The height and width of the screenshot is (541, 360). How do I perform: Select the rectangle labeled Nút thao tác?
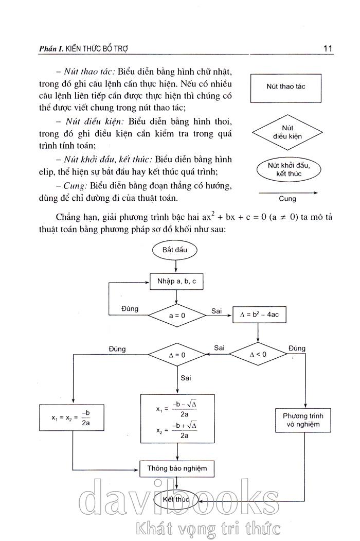click(x=285, y=87)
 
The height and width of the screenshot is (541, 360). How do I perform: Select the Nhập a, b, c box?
click(x=176, y=282)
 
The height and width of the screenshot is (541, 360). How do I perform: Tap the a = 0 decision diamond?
click(x=176, y=315)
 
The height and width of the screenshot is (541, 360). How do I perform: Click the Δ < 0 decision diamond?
click(x=258, y=354)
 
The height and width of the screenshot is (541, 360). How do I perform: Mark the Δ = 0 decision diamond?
click(x=176, y=355)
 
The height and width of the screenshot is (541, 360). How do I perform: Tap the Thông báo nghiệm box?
click(x=176, y=468)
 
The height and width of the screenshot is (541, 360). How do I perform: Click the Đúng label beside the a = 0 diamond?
click(x=130, y=308)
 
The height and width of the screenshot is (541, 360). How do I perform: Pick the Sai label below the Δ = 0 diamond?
click(x=186, y=378)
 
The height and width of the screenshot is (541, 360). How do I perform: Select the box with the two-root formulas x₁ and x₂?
click(x=177, y=420)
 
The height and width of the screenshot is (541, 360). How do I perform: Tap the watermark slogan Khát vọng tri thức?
click(x=206, y=529)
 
